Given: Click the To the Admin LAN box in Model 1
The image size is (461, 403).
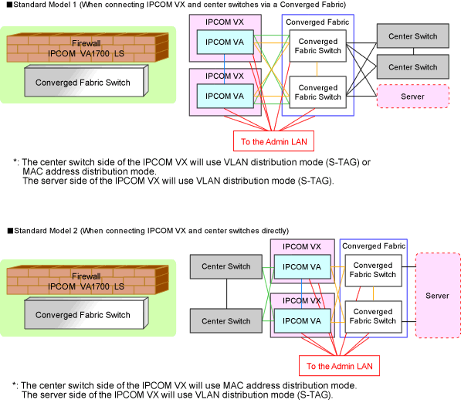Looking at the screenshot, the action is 273,141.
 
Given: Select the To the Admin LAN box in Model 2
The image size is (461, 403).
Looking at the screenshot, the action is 339,366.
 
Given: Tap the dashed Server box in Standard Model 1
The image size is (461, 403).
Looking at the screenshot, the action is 413,97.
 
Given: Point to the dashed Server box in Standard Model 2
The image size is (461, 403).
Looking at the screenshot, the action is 438,296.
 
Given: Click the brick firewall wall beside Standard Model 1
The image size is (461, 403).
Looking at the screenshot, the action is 87,47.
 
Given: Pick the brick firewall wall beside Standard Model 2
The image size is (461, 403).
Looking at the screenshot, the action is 87,279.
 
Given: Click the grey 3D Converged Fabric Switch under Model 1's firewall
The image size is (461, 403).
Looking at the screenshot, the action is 86,81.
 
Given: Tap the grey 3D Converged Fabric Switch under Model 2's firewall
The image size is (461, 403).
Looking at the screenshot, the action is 86,313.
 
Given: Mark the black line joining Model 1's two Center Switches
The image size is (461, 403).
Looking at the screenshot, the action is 413,51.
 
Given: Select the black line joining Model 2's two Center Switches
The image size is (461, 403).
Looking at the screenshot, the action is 227,293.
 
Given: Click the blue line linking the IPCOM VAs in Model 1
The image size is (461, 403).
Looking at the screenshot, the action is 225,69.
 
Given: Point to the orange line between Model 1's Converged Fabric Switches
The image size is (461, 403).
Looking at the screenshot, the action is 317,69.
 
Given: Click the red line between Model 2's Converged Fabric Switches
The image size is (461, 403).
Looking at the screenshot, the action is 358,293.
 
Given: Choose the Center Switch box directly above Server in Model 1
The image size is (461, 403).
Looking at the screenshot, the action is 413,66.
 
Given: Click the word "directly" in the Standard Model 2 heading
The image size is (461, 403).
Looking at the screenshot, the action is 275,231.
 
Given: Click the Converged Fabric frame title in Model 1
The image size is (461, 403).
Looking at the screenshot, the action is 317,22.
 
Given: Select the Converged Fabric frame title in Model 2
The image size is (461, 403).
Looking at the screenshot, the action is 374,246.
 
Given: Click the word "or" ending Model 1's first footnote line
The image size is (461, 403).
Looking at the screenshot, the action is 366,162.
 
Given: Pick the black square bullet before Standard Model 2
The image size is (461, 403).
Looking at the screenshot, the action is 10,231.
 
